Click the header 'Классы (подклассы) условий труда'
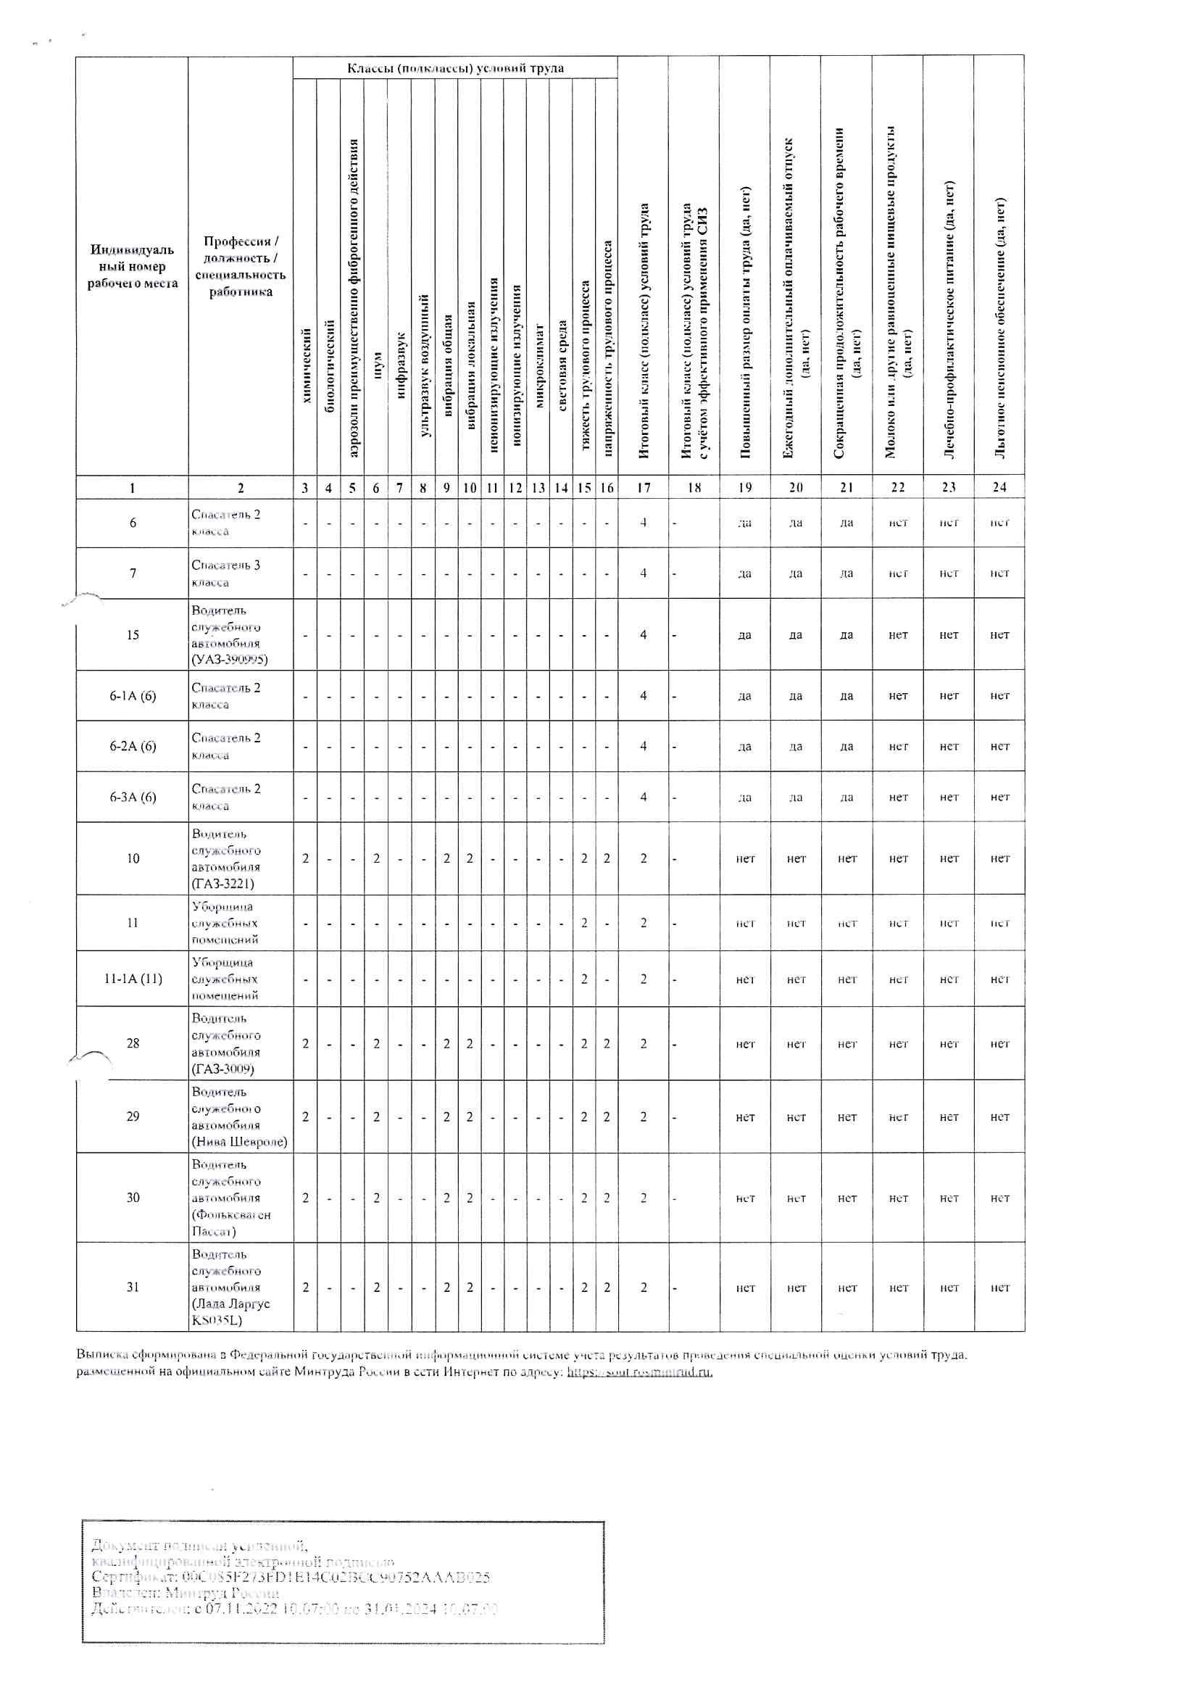455,68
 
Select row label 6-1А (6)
133,695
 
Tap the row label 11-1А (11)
133,979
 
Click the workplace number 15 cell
133,634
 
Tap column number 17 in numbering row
644,487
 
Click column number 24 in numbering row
999,487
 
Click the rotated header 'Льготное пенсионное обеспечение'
999,328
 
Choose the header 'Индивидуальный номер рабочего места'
133,266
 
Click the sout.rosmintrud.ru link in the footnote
639,1372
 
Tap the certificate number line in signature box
290,1578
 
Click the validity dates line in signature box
294,1609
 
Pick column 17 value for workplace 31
644,1288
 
